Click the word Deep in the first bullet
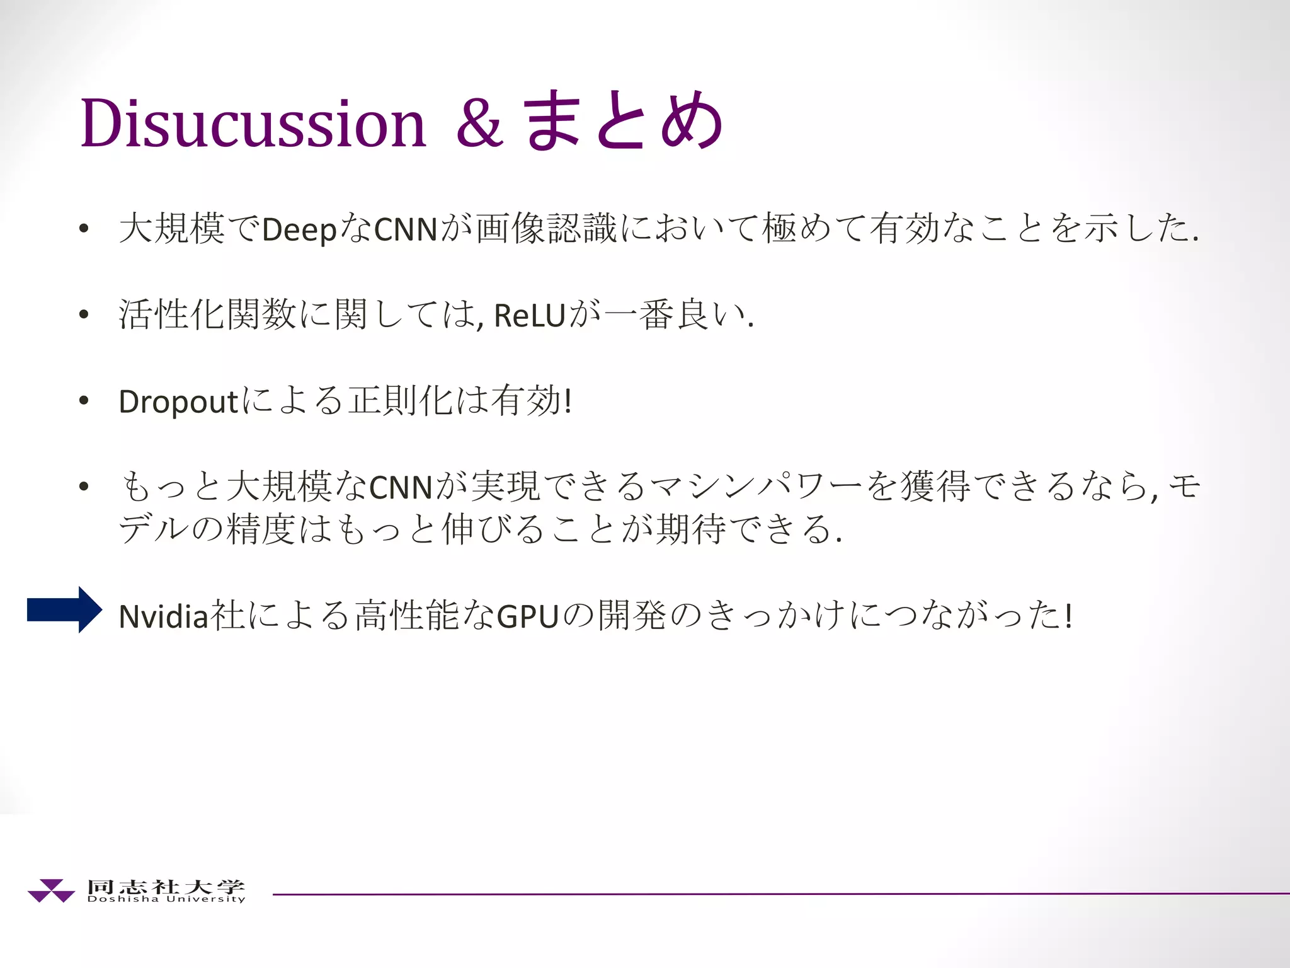(299, 229)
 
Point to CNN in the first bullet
(406, 229)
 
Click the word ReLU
(529, 315)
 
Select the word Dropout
(178, 401)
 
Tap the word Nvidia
(163, 616)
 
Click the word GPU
(528, 616)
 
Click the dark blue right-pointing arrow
(64, 609)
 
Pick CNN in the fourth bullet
(401, 487)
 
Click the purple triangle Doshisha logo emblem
(51, 890)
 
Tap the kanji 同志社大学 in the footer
(166, 886)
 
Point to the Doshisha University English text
(166, 899)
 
